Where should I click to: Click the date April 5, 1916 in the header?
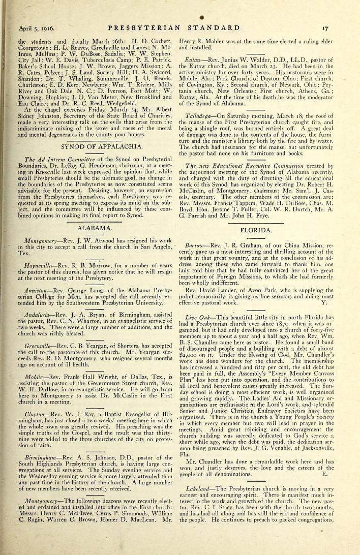pyautogui.click(x=36, y=28)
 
